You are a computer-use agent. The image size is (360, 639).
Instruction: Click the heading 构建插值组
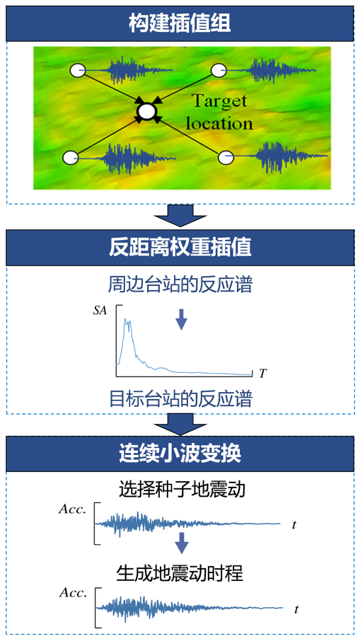180,24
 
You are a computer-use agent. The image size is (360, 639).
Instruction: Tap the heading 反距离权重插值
180,248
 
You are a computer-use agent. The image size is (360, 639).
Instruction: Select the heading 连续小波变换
180,454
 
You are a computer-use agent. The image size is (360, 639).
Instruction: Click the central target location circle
147,110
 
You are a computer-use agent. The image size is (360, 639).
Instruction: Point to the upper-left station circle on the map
77,71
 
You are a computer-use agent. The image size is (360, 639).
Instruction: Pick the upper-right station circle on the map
219,71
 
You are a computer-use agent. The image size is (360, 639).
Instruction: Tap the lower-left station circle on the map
71,157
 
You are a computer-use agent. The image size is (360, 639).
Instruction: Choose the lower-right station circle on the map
226,157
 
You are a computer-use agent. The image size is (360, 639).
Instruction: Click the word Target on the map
219,101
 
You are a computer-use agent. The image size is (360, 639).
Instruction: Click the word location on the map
219,123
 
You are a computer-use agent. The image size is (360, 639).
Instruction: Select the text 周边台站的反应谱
180,286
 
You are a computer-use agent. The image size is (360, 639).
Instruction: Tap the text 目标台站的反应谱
180,399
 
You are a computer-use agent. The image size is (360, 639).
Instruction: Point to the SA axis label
99,311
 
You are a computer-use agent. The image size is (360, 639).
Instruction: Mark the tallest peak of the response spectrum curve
125,319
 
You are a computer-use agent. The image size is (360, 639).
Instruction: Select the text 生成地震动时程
180,574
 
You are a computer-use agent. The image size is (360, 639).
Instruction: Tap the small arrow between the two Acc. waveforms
182,543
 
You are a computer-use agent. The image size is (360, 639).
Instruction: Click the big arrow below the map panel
180,216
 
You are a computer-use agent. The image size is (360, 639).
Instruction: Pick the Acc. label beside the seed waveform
72,509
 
